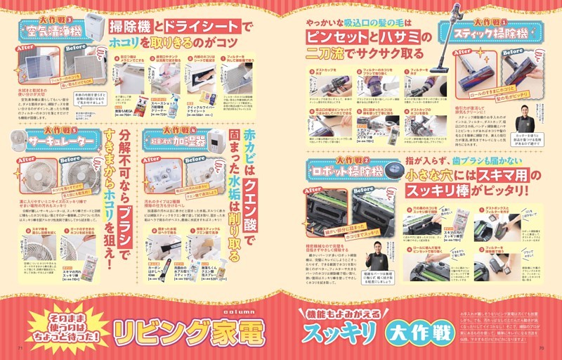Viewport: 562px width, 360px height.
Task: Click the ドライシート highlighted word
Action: (x=200, y=27)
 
